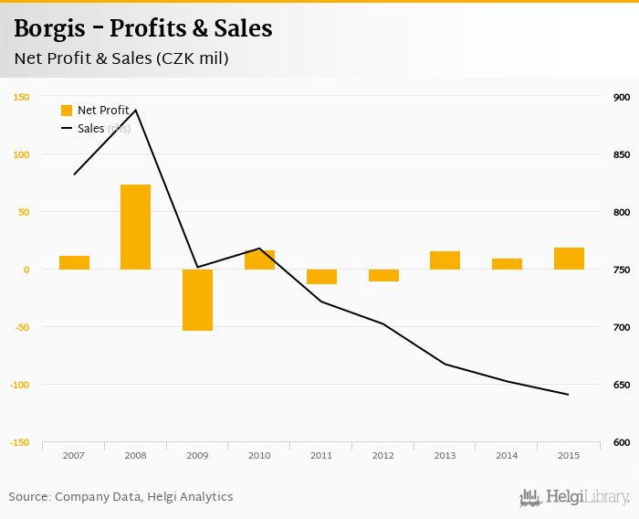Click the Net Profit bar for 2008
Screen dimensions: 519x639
pos(135,227)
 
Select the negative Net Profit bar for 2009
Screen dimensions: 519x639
pos(197,300)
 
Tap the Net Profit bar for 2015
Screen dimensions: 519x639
pos(569,259)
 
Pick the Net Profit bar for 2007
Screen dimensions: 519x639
pos(74,262)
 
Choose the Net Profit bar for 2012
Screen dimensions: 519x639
pos(383,275)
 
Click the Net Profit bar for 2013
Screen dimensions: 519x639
pos(445,260)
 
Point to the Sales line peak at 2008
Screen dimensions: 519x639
pos(136,111)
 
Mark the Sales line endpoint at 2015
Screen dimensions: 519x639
pos(568,395)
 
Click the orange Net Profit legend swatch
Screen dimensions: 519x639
pos(67,111)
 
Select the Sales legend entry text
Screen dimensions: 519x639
pos(90,129)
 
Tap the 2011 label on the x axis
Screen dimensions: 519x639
pos(321,454)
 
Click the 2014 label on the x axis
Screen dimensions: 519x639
pos(507,454)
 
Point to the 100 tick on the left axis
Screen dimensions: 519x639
pos(21,154)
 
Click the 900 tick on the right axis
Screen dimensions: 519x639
pos(622,97)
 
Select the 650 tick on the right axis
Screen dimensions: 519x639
pos(622,385)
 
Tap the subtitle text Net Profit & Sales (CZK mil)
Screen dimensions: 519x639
pos(120,58)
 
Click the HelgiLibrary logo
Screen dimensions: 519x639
pos(574,497)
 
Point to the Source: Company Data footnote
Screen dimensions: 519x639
pos(120,497)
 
